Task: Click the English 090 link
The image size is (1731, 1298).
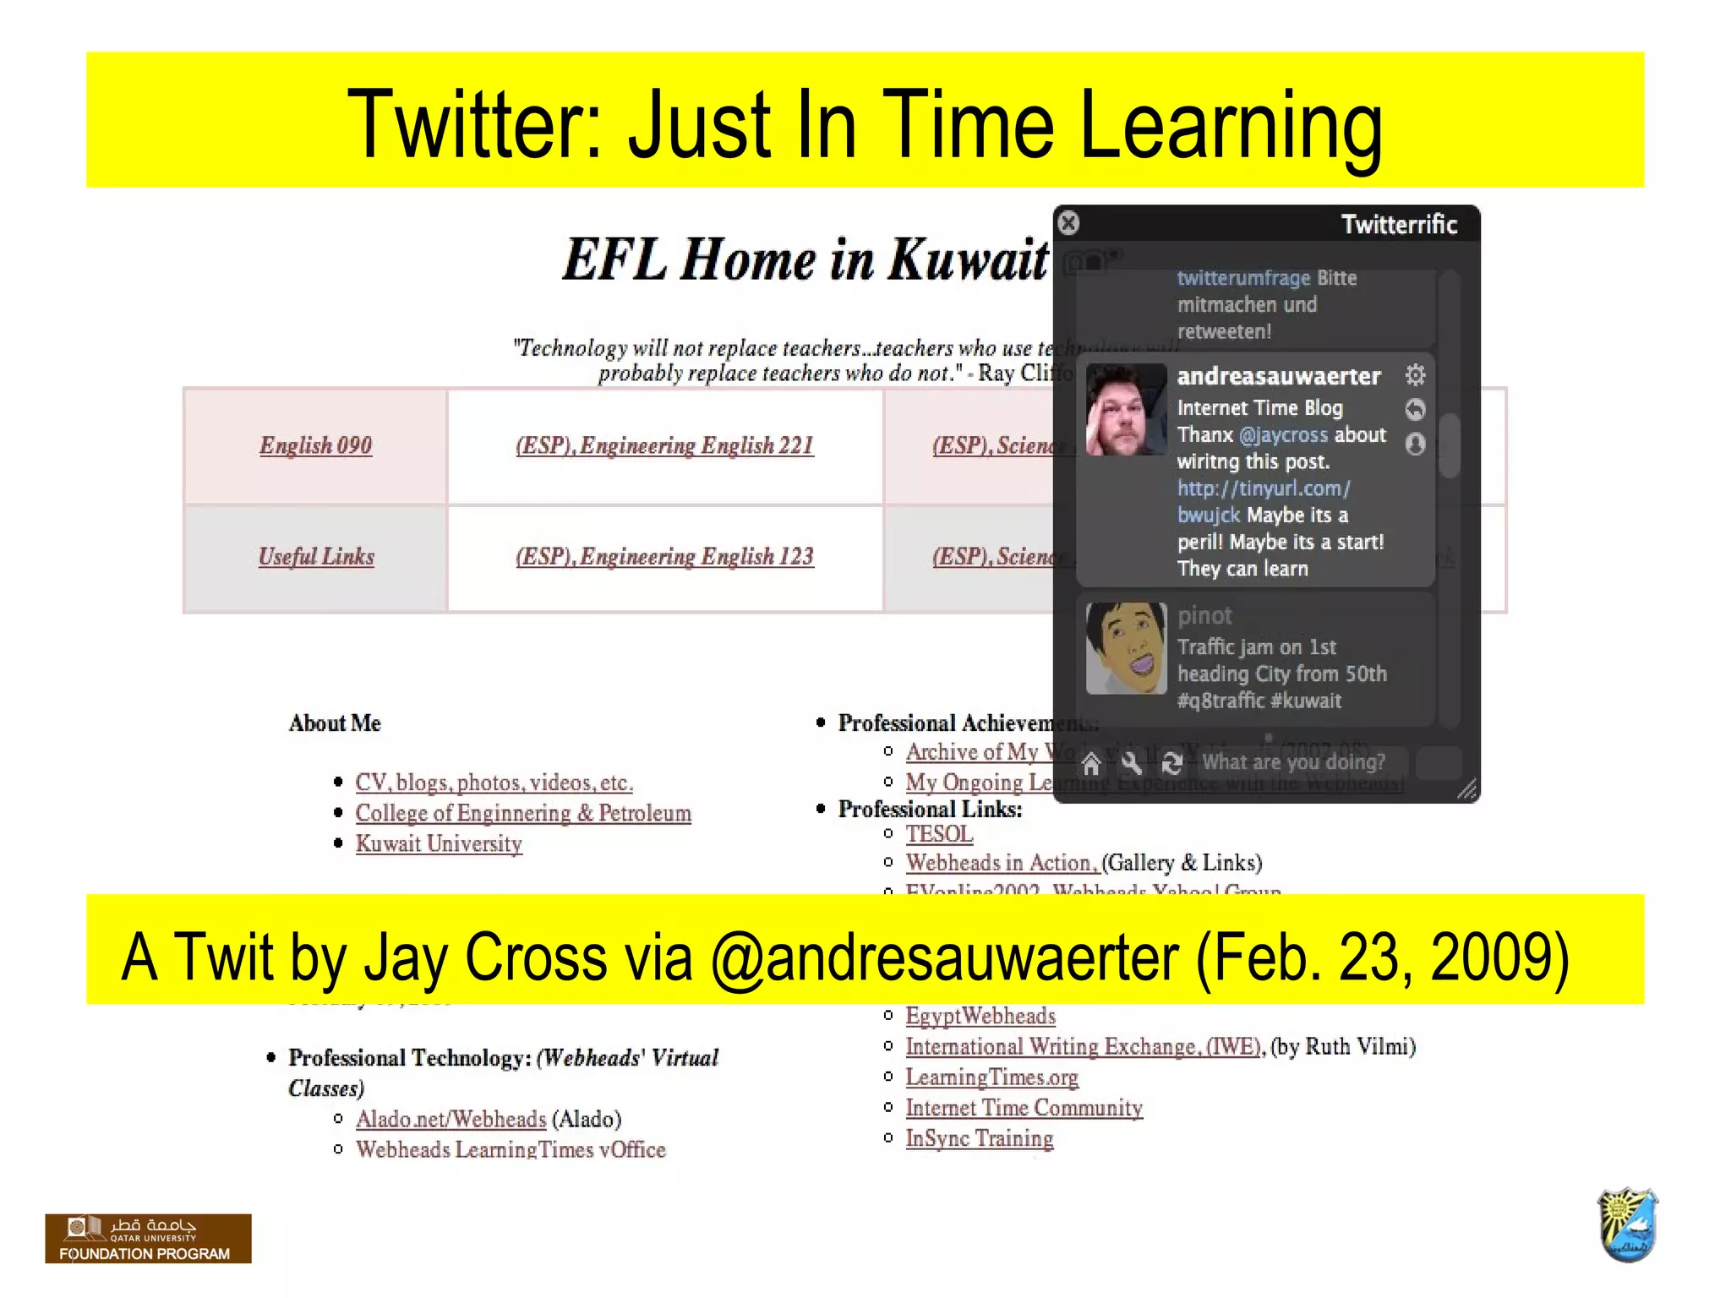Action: click(315, 445)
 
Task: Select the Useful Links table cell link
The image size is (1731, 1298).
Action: click(316, 556)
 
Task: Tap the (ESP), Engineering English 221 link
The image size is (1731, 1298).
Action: click(664, 445)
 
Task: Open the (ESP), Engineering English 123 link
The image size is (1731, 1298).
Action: click(664, 556)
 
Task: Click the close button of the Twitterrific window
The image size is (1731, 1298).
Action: click(1068, 223)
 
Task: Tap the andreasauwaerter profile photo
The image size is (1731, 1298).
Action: click(1125, 410)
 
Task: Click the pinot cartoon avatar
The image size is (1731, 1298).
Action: click(1125, 648)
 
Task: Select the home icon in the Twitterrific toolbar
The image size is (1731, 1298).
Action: click(1091, 764)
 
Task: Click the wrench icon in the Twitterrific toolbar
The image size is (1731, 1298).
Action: click(1132, 764)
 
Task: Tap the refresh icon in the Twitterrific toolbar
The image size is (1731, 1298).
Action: click(1171, 764)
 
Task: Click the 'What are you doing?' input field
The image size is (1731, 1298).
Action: click(1302, 762)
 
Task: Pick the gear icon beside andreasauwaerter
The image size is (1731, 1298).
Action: click(1415, 374)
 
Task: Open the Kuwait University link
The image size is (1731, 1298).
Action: click(439, 843)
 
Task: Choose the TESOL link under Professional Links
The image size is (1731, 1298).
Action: click(939, 834)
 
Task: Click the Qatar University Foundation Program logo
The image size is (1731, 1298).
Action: click(148, 1238)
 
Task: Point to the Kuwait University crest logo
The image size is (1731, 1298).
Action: click(1628, 1224)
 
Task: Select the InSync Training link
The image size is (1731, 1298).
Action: click(979, 1138)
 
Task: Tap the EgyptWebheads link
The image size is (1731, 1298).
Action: click(980, 1016)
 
